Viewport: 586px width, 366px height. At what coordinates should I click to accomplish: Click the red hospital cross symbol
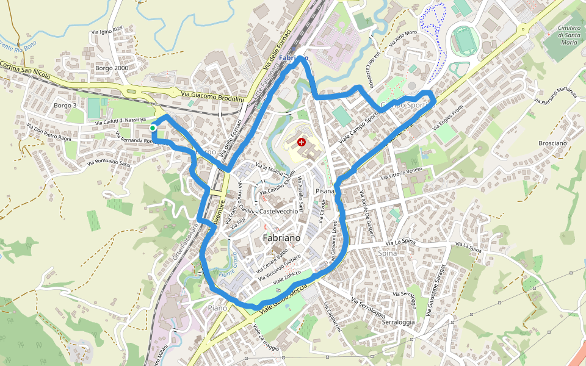[301, 142]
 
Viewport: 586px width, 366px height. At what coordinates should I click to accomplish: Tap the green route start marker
[152, 128]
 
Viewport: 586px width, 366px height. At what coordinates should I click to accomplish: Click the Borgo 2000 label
[112, 68]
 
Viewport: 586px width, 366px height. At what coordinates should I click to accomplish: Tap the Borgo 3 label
[65, 106]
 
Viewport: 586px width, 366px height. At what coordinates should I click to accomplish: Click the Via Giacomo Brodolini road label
[212, 96]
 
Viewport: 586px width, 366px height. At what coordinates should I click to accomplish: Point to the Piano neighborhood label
[217, 308]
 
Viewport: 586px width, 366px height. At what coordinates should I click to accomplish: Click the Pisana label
[325, 192]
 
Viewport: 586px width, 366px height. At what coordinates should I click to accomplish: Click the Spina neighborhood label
[387, 253]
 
